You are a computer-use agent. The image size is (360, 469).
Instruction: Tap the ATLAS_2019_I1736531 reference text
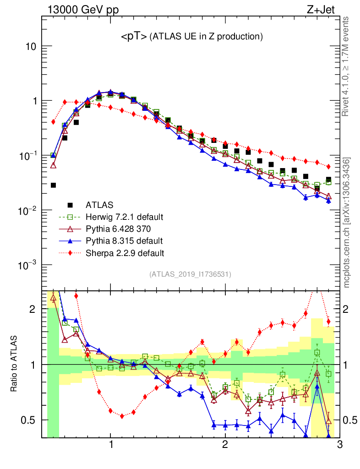pyautogui.click(x=190, y=274)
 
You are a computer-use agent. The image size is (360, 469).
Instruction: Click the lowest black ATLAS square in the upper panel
pyautogui.click(x=53, y=185)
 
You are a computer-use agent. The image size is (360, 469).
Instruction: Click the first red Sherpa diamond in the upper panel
pyautogui.click(x=53, y=122)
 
